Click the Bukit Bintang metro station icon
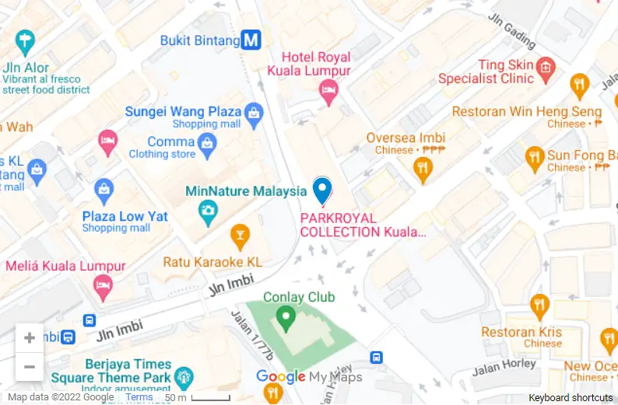tap(251, 40)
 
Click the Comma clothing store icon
tap(206, 142)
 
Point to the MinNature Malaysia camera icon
tap(208, 210)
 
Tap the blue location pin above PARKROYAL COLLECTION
tap(321, 190)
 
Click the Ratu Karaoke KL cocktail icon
tap(240, 234)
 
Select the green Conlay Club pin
tap(286, 316)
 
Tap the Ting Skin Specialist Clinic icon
tap(546, 68)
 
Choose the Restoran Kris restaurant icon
tap(539, 305)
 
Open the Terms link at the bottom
tap(139, 397)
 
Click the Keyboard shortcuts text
tap(571, 397)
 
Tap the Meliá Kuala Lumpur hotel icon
tap(103, 287)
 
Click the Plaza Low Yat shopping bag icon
tap(104, 189)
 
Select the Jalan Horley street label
tap(509, 364)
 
